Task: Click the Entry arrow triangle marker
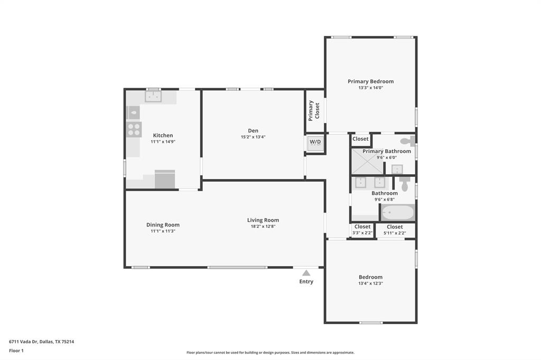point(306,273)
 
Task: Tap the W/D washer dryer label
point(315,142)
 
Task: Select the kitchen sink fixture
point(154,97)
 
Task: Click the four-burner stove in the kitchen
point(134,129)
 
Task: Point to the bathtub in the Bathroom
point(397,213)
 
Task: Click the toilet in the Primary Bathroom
point(407,141)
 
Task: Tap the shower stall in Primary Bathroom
point(368,161)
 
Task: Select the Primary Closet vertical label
point(314,110)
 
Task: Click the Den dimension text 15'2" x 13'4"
point(253,137)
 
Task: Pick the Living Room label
point(263,220)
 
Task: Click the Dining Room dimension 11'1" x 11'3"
point(163,231)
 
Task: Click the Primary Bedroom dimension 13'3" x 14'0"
point(370,88)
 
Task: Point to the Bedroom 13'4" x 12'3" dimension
point(370,283)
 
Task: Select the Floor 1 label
point(16,350)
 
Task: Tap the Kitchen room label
point(163,136)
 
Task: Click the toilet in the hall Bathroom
point(405,183)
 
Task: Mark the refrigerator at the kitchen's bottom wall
point(165,179)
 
